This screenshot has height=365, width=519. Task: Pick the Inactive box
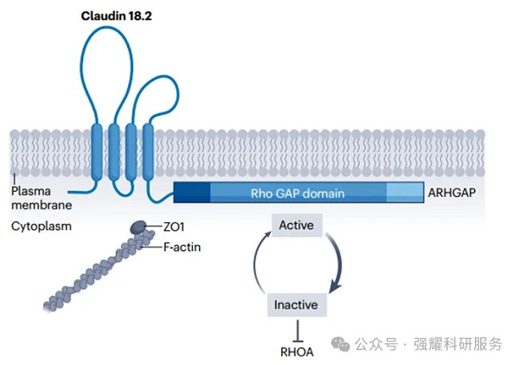coord(296,304)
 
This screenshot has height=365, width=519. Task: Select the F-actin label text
coord(183,246)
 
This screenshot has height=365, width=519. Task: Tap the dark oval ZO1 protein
coord(139,227)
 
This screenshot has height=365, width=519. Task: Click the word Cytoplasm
coord(41,227)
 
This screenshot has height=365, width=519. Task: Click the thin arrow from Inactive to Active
coord(257,265)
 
